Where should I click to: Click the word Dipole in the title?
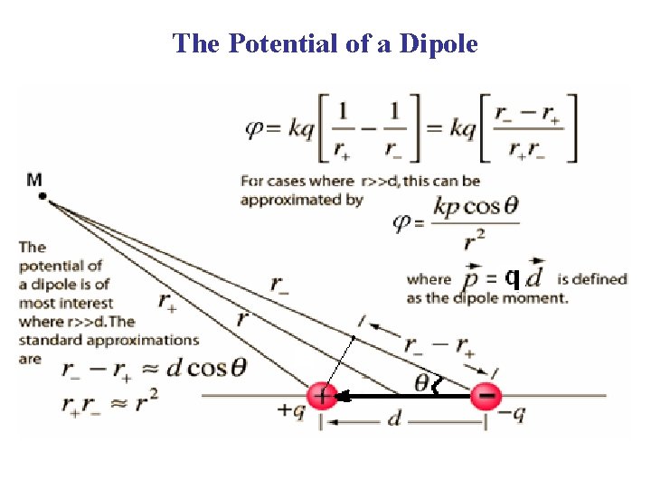pos(434,42)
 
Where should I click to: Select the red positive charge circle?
pos(321,396)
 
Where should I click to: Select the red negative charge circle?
pos(486,396)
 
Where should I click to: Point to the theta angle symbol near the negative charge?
pos(422,384)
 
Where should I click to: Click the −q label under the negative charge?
pos(512,414)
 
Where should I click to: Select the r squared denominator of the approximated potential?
pos(468,241)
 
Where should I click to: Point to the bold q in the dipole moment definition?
pos(512,277)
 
